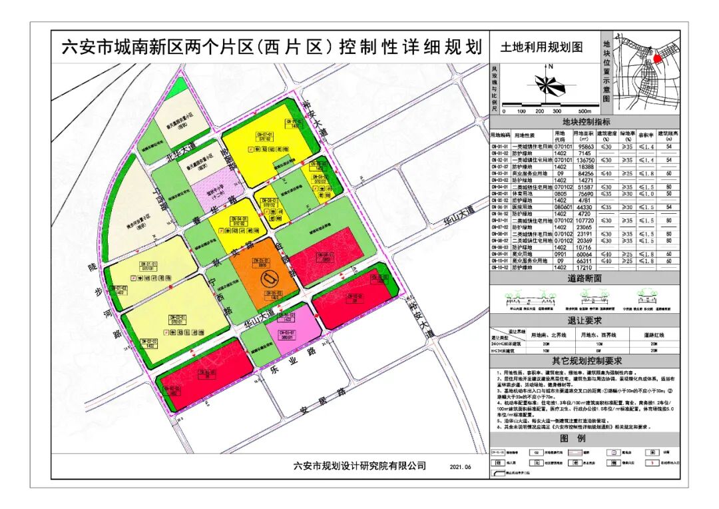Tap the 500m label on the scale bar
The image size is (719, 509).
[585, 111]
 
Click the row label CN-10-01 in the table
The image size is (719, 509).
[500, 261]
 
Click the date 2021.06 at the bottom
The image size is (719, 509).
[459, 467]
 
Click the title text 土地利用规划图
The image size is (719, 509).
[541, 47]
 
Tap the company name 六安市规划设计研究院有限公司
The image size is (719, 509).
[359, 466]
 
